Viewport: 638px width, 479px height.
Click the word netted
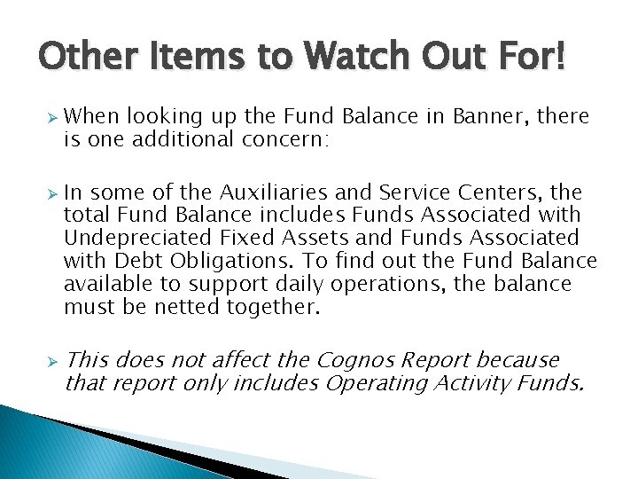185,307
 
